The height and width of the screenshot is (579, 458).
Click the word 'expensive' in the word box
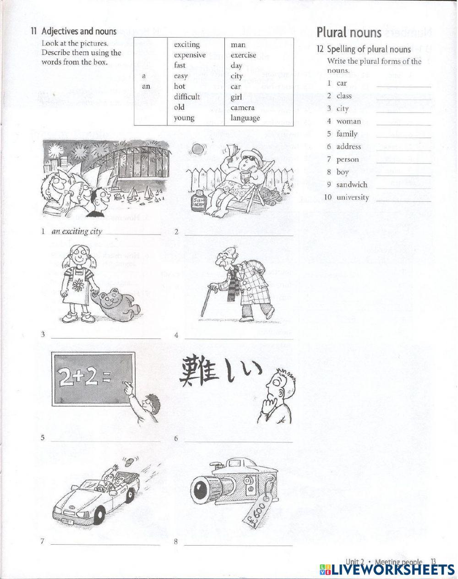190,55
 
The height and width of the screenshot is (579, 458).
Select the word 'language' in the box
245,118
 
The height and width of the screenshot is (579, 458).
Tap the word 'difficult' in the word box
187,97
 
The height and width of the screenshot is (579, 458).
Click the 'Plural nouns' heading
349,33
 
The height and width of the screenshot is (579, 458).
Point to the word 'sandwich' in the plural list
352,185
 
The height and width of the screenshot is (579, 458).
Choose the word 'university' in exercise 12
353,197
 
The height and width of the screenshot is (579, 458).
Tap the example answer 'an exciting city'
77,231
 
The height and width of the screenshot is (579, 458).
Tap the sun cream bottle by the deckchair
198,200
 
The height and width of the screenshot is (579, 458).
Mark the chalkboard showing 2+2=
94,380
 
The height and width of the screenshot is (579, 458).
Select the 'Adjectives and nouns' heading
79,32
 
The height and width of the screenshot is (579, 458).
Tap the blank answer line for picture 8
238,545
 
